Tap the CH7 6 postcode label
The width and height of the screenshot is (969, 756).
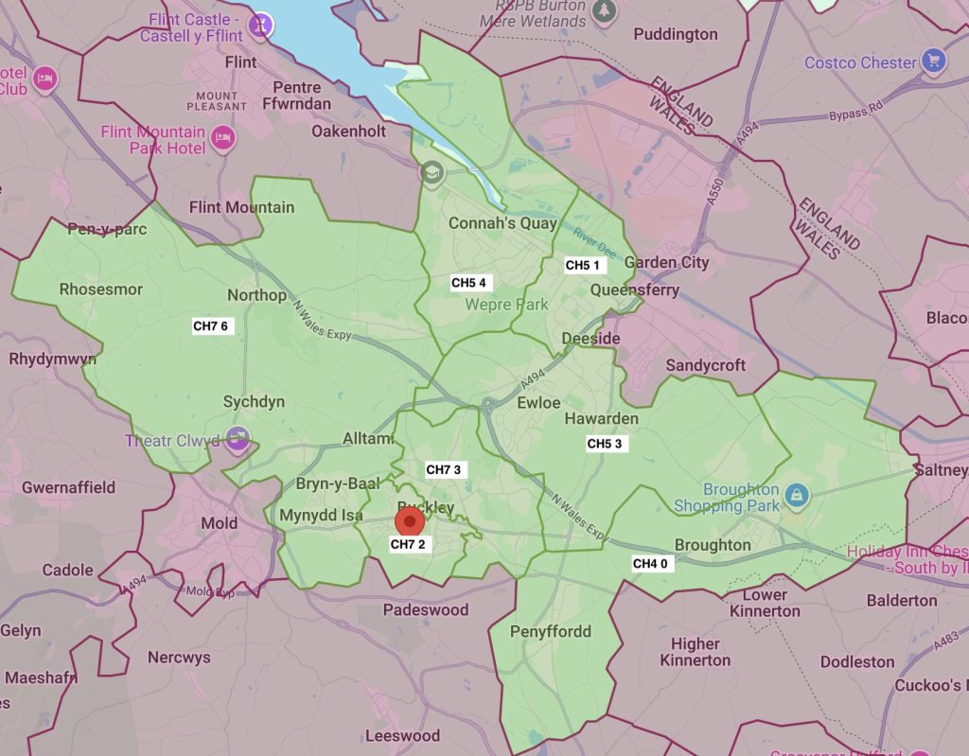pos(210,326)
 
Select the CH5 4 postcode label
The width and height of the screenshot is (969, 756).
pos(468,283)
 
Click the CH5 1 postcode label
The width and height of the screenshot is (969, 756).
pos(583,265)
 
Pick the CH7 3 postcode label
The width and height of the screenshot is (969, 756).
pos(444,469)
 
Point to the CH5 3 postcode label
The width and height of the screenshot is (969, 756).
pos(605,443)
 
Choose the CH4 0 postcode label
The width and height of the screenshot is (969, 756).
pos(650,564)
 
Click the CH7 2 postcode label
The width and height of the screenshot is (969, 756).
pos(408,544)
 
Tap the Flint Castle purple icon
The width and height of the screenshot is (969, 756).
pos(259,25)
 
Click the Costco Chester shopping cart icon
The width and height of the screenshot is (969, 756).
pos(933,62)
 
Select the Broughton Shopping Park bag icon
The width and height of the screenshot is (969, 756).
pos(797,494)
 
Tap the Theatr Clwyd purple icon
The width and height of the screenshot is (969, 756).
pos(239,438)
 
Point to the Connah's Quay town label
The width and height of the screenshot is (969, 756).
pos(502,224)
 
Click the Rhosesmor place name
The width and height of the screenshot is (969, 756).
pos(100,290)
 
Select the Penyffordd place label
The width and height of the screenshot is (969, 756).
pos(550,631)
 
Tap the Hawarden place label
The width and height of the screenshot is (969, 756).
pos(601,418)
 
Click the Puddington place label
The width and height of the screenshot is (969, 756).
pos(676,34)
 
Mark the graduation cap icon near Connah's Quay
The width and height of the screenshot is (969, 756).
pos(432,173)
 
